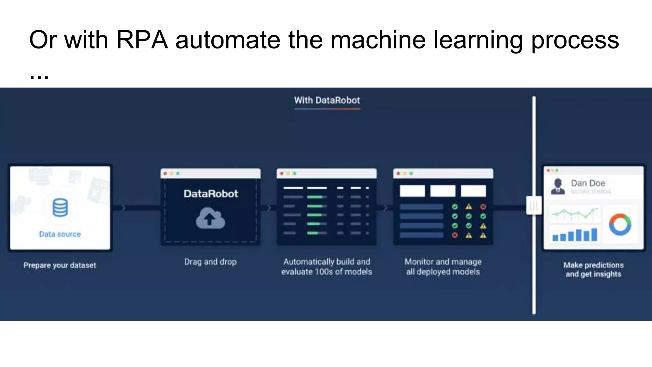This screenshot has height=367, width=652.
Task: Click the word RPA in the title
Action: pos(142,40)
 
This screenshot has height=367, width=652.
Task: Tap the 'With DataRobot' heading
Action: pos(327,101)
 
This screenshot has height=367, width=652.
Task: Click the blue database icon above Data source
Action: pos(60,207)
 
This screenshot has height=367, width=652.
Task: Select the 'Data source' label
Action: pos(60,234)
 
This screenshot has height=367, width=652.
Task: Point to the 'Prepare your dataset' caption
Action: pos(60,265)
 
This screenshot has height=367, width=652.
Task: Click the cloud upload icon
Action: pos(210,218)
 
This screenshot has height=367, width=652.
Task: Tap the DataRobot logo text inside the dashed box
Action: pos(211,194)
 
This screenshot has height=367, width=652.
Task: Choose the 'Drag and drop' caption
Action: pos(210,262)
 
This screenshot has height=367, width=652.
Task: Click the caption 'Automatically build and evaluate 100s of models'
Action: pos(327,267)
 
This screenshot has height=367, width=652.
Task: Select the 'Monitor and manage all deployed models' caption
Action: pos(443,267)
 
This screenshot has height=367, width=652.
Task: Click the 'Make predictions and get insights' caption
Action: pos(593,270)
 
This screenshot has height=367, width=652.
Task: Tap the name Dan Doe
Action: pos(588,183)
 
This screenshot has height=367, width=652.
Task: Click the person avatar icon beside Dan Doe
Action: pos(558,187)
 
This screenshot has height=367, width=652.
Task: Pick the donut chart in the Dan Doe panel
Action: pos(620,225)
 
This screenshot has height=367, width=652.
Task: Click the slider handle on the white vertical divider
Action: pos(534,205)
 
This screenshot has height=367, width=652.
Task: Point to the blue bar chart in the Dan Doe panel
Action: pos(575,234)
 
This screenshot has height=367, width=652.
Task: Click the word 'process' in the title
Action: pos(575,40)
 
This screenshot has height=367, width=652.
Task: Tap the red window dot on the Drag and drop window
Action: pos(165,174)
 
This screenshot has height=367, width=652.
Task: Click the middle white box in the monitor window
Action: pos(443,191)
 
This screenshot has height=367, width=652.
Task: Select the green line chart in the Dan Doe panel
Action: pos(575,214)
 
